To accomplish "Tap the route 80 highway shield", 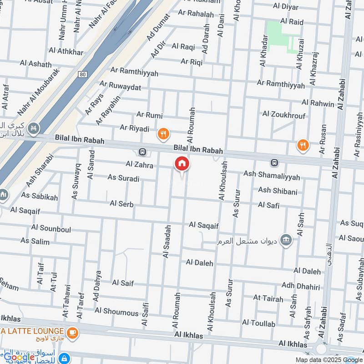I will point(82,74).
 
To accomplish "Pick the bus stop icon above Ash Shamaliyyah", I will point(274,162).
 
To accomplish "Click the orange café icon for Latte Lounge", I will point(72,333).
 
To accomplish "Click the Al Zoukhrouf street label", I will point(284,116).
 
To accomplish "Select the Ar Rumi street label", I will point(149,116).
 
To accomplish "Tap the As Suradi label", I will point(123,178).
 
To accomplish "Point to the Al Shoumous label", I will point(116,313).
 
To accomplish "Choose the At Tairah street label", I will point(268,298).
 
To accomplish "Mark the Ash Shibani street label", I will point(278,191).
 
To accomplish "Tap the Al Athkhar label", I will point(64,51).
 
